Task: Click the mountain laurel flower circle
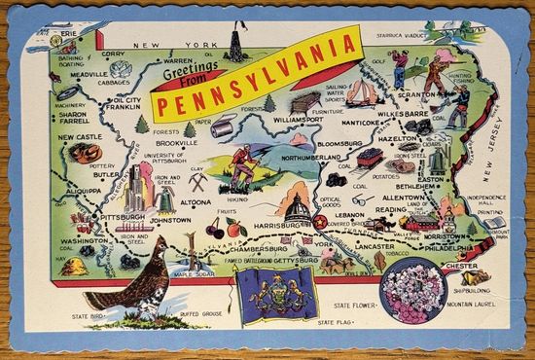click(x=415, y=291)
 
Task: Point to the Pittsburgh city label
click(x=122, y=217)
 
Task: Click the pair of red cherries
click(x=216, y=230)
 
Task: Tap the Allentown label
click(x=403, y=198)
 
